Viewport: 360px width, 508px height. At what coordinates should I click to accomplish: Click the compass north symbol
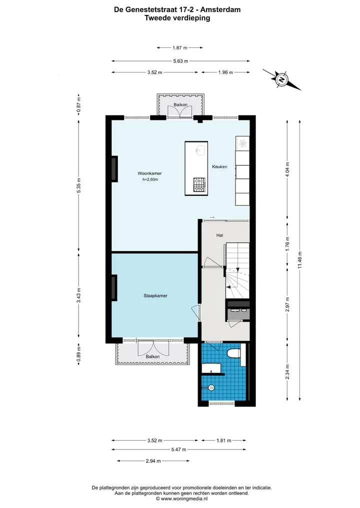coord(282,79)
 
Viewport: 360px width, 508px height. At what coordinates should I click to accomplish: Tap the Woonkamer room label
coord(149,173)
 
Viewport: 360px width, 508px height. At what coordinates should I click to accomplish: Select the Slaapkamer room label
coord(155,296)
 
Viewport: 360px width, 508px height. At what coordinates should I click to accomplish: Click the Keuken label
coord(219,166)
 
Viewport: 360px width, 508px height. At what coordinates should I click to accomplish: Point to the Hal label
coord(219,235)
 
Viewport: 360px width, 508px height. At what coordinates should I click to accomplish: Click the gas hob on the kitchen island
coord(199,185)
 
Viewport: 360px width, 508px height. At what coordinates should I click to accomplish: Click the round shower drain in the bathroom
coord(211,387)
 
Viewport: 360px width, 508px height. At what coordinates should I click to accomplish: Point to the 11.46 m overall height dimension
coord(299,260)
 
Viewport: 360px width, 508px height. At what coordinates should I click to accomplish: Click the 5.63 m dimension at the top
coord(180,61)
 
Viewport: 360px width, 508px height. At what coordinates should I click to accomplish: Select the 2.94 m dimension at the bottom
coord(153,461)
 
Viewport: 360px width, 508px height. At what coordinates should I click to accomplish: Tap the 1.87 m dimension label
coord(179,47)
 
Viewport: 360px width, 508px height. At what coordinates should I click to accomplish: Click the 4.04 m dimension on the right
coord(287,168)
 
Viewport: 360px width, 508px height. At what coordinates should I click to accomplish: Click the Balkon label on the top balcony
coord(180,104)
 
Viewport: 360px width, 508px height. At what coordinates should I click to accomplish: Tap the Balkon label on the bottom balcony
coord(152,356)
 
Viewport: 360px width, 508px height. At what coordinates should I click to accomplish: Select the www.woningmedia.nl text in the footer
coord(184,499)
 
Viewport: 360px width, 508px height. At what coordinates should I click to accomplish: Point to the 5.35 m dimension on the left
coord(79,186)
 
